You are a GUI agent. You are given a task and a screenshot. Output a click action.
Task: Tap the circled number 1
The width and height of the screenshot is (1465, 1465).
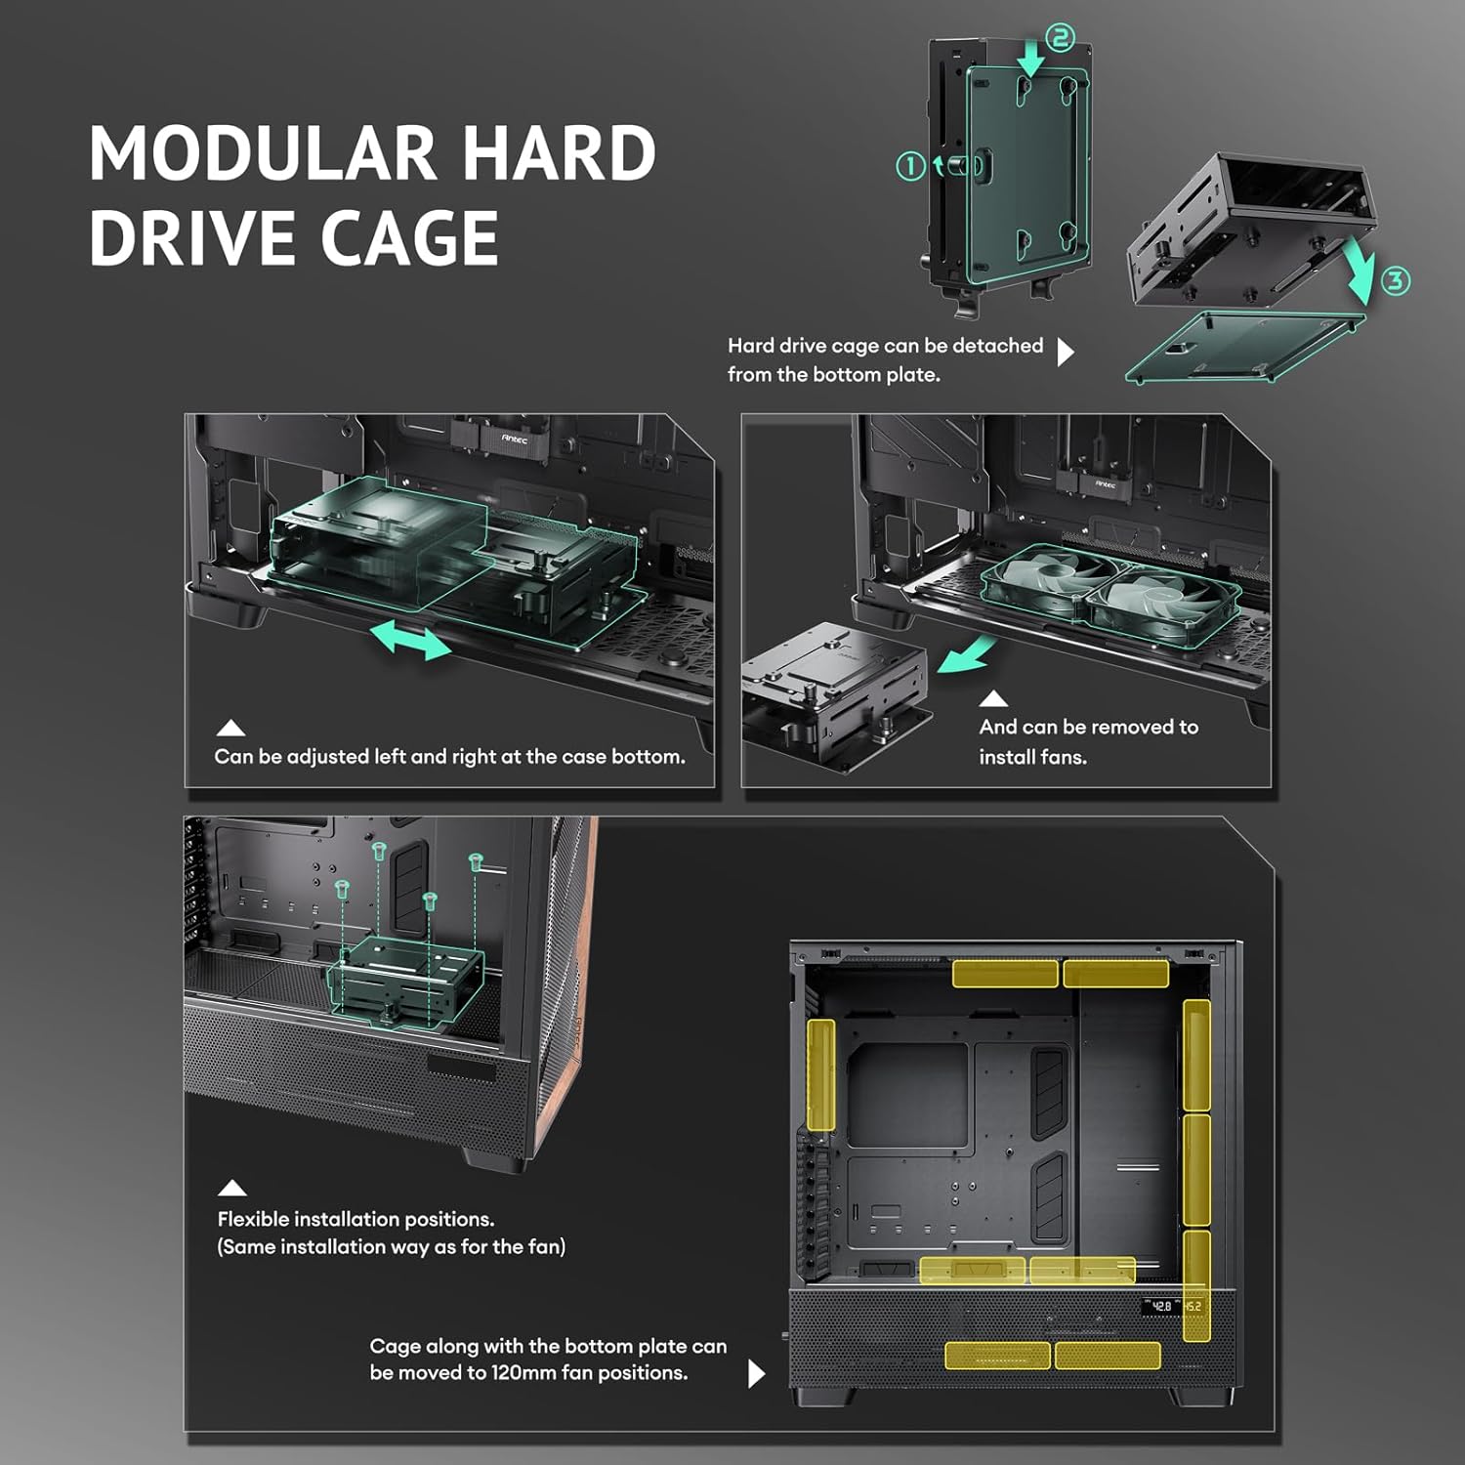910,166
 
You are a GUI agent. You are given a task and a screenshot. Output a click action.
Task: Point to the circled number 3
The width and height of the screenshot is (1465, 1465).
1396,281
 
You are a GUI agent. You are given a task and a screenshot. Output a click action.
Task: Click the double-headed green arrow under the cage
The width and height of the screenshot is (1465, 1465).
410,640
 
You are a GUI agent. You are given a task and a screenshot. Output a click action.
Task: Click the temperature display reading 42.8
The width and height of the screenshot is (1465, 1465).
1160,1306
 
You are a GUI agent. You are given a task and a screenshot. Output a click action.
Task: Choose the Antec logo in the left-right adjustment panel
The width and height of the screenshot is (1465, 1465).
515,439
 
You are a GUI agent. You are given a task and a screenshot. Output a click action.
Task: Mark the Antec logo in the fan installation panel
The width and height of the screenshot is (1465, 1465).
1106,483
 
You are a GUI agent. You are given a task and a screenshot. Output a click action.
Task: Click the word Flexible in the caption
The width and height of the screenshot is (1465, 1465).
253,1219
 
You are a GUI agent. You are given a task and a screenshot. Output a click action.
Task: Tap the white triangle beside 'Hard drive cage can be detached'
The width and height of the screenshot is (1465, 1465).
1066,352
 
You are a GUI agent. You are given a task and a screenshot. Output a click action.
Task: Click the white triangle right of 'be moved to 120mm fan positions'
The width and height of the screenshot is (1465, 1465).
756,1373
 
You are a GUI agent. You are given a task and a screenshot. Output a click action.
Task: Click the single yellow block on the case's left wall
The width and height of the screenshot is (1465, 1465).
821,1075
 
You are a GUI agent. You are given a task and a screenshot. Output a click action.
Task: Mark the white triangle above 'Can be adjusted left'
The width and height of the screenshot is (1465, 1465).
230,728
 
